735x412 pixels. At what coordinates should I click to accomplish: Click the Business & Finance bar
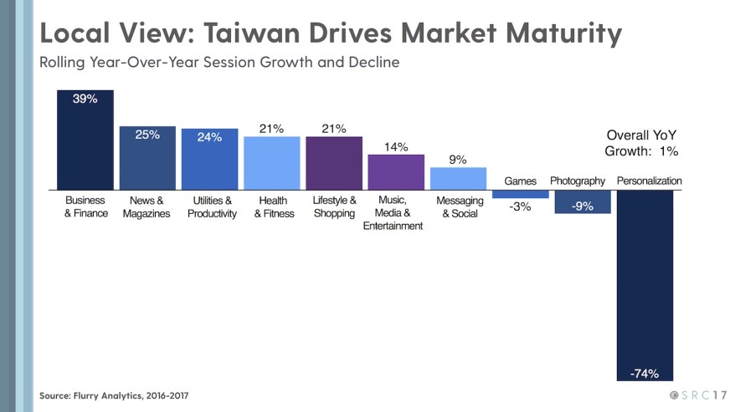click(x=85, y=140)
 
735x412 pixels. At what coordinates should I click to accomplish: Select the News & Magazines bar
click(x=147, y=159)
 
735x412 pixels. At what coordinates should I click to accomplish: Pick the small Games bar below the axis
click(x=520, y=194)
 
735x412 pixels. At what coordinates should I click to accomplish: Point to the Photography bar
click(x=583, y=201)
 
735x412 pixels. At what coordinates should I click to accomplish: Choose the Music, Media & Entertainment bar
click(x=396, y=172)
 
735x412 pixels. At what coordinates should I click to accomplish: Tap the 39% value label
click(x=85, y=99)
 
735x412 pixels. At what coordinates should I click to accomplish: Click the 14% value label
click(x=396, y=147)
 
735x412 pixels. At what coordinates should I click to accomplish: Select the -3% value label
click(x=520, y=207)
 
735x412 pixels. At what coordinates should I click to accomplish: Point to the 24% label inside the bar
click(x=209, y=138)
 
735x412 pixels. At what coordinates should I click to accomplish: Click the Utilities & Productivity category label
click(x=212, y=207)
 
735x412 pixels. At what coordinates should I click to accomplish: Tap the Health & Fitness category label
click(x=273, y=207)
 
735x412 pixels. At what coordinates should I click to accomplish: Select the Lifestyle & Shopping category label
click(x=334, y=207)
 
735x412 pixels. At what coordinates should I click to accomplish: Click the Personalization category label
click(x=649, y=181)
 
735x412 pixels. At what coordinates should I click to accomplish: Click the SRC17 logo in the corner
click(x=698, y=394)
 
